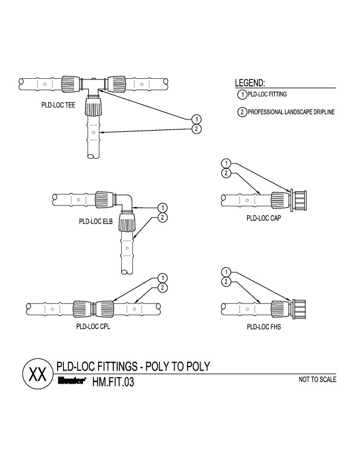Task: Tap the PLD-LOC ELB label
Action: (x=95, y=222)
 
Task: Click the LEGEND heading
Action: (x=250, y=83)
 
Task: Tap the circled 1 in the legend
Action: (x=241, y=95)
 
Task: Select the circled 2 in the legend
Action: (x=241, y=112)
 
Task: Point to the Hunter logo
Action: (x=71, y=381)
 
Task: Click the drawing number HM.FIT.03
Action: (x=114, y=382)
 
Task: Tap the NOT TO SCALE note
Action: (x=318, y=380)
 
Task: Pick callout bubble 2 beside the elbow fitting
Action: (x=163, y=217)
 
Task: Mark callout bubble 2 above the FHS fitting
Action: (x=225, y=282)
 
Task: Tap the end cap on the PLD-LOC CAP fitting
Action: (x=299, y=201)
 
